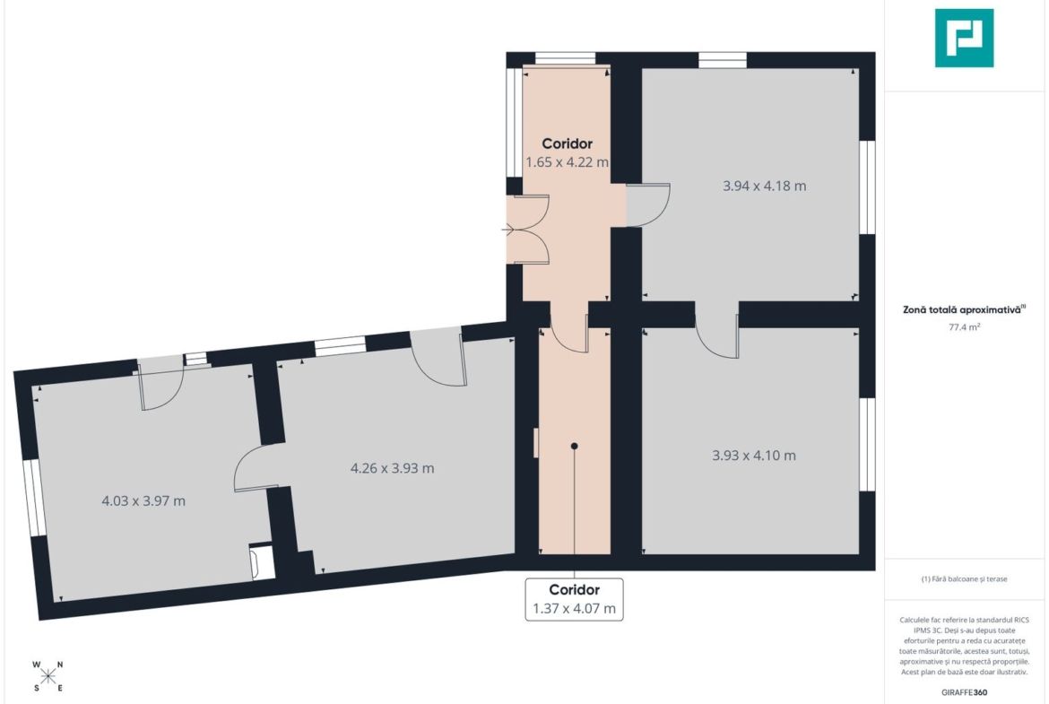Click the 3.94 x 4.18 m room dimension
tap(764, 186)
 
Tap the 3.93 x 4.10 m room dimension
tap(754, 456)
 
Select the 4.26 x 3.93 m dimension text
tap(392, 468)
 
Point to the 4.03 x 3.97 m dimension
tap(143, 500)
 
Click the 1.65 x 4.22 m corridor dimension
tap(567, 162)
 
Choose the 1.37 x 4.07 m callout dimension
tap(574, 609)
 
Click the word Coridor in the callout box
tap(574, 589)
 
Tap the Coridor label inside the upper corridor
tap(568, 143)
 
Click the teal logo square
tap(964, 39)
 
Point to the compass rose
tap(48, 675)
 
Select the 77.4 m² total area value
tap(964, 327)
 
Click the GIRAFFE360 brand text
tap(964, 692)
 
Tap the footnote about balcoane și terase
tap(964, 578)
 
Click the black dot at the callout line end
tap(574, 446)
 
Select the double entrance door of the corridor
tap(528, 230)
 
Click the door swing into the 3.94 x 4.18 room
tap(647, 204)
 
